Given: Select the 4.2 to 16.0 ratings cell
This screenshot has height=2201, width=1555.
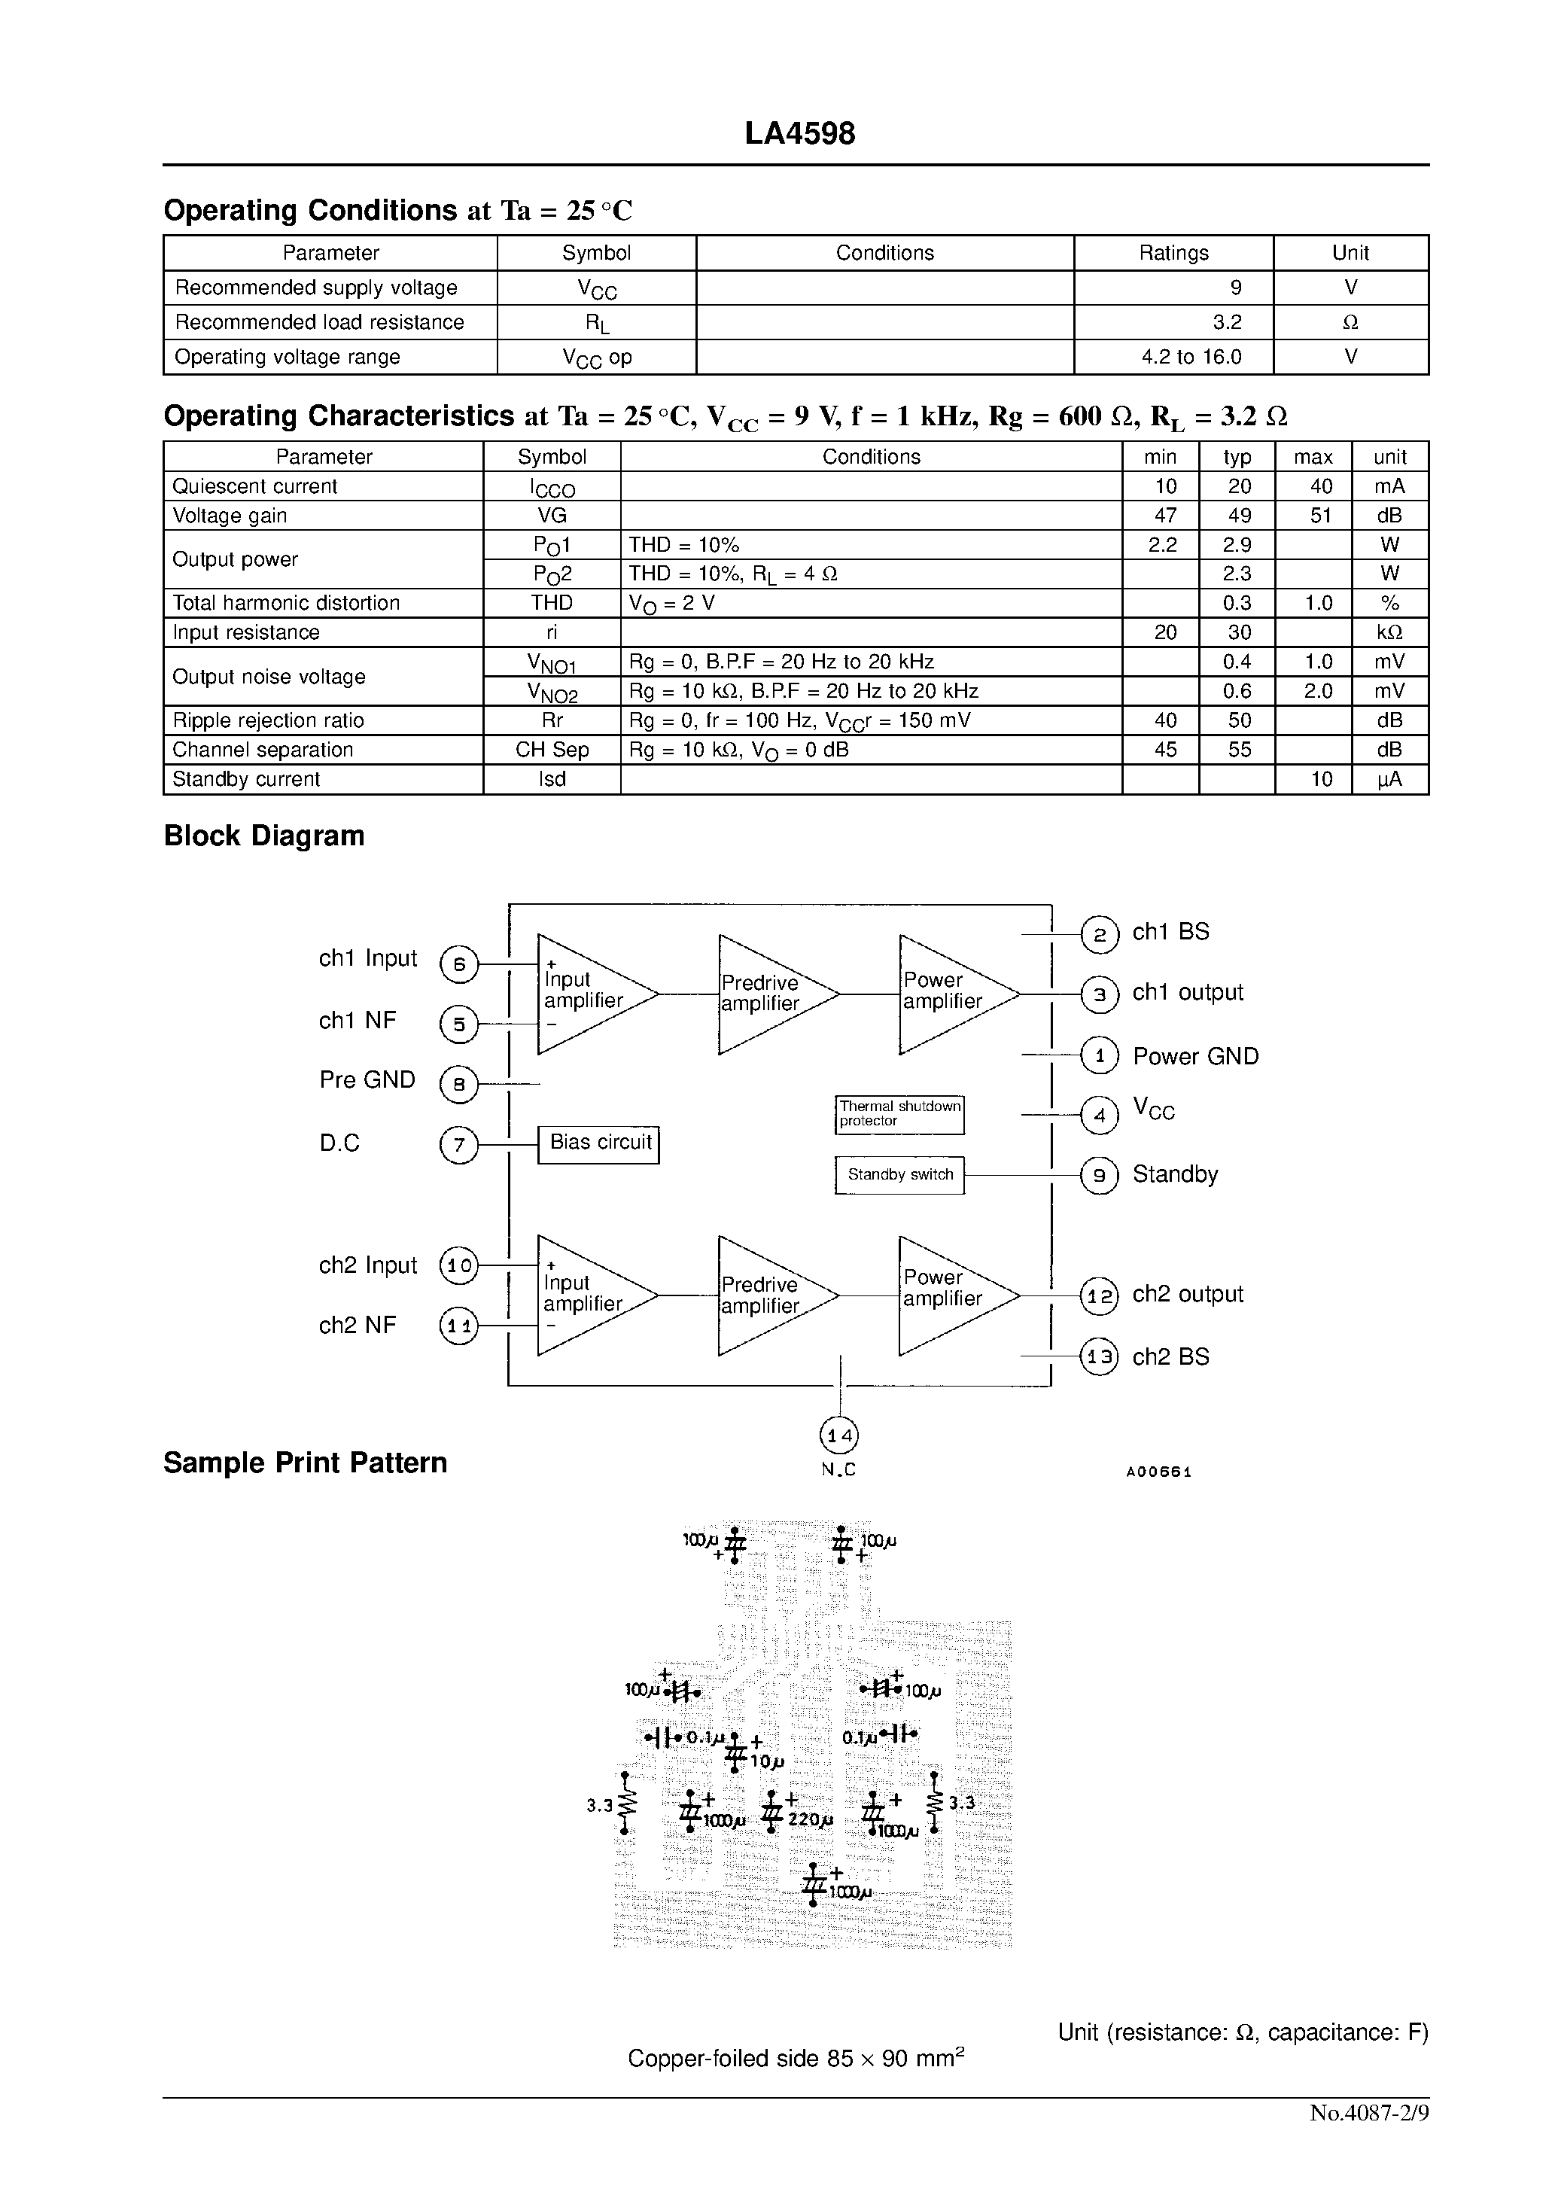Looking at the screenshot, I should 1191,358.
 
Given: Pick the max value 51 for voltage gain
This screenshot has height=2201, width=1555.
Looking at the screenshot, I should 1320,516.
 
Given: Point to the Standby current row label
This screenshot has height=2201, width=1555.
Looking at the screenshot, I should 246,779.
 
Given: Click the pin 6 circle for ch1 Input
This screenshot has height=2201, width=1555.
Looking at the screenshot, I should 459,964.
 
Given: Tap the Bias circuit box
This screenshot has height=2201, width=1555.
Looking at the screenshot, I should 599,1143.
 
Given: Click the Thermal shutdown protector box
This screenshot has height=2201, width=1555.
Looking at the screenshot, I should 899,1114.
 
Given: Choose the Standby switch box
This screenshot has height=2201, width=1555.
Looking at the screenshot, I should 899,1175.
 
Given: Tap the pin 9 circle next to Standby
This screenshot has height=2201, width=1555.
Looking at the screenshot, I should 1100,1177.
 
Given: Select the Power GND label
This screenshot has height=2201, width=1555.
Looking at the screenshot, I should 1195,1056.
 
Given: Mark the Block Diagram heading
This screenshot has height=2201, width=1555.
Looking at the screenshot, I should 263,836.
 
